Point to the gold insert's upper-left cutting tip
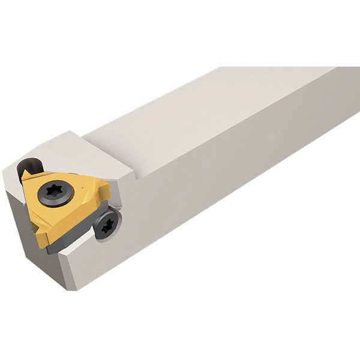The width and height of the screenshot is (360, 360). pos(25,175)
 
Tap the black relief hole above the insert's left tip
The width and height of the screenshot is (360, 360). pos(29,164)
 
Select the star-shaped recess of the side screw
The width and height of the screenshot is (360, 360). pos(107,226)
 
